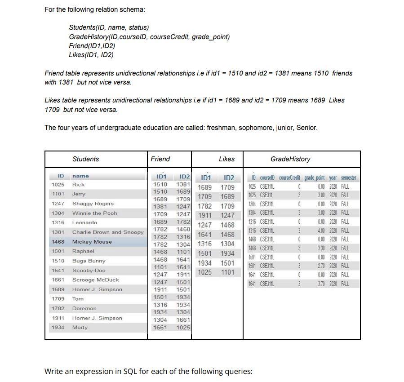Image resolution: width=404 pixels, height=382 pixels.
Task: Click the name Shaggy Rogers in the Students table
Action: (93, 204)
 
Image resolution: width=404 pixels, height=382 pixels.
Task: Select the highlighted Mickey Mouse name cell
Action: (92, 242)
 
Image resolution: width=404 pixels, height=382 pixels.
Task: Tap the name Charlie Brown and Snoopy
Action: (108, 232)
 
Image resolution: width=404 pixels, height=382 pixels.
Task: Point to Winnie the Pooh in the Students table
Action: (94, 213)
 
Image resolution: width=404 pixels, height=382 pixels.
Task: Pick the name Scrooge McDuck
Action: (95, 280)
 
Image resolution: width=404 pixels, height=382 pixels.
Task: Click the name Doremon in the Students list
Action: (84, 309)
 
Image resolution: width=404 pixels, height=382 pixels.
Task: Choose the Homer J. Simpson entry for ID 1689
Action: (97, 289)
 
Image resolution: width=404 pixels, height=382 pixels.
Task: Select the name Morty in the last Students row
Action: (80, 328)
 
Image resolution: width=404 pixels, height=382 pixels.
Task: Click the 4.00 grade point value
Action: (320, 231)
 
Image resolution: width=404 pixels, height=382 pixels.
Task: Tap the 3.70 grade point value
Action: (320, 284)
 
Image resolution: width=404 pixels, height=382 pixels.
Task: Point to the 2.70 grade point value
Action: (320, 266)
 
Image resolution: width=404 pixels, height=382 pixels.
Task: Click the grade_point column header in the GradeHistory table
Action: (315, 178)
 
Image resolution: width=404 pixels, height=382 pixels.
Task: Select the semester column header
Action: (348, 178)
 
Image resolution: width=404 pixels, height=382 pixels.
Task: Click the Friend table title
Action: (160, 159)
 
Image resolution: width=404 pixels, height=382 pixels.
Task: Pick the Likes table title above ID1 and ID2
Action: (226, 159)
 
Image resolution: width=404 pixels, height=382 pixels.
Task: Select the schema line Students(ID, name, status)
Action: (109, 27)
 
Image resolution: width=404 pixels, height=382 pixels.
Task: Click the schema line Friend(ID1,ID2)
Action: (92, 46)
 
